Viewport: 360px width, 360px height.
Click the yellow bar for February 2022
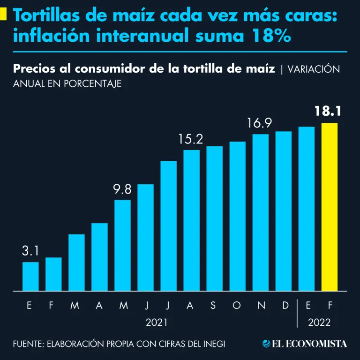[x=330, y=207]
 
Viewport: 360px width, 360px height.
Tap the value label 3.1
[x=30, y=251]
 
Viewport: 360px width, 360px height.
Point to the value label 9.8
[x=122, y=189]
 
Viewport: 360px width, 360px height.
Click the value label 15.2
[x=191, y=139]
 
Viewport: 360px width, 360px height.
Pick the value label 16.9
[x=260, y=124]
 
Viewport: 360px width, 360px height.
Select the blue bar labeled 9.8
[x=122, y=245]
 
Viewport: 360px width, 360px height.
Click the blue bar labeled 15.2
[x=191, y=220]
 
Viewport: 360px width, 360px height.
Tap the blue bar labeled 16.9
[x=260, y=212]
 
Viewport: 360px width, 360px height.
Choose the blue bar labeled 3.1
[x=30, y=276]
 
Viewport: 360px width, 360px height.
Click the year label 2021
[x=156, y=322]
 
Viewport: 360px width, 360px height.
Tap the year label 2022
[x=319, y=322]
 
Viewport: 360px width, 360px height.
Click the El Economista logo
[x=305, y=344]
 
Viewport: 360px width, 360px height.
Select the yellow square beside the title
[x=3, y=14]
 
